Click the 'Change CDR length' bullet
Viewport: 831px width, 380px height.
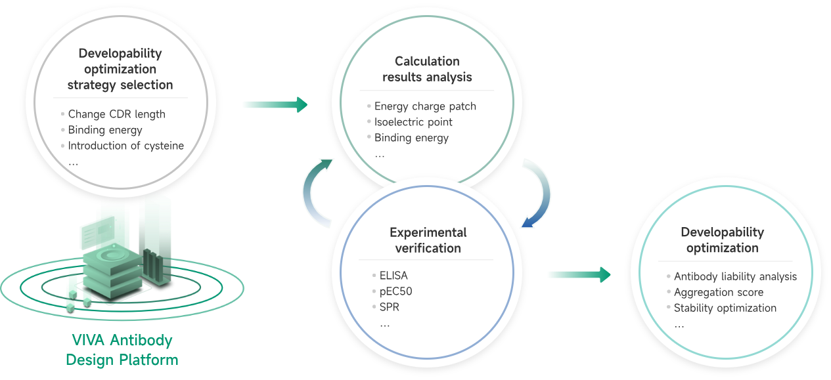pyautogui.click(x=116, y=114)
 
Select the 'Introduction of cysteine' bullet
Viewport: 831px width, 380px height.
pyautogui.click(x=125, y=146)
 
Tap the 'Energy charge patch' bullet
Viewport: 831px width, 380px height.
pyautogui.click(x=424, y=106)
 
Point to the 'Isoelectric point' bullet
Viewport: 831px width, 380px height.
pyautogui.click(x=413, y=122)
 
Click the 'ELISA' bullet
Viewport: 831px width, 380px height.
pyautogui.click(x=393, y=276)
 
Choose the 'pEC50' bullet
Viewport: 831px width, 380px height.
pyautogui.click(x=395, y=291)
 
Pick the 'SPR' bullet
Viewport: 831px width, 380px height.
pyautogui.click(x=389, y=307)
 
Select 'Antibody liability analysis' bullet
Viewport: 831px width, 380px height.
pyautogui.click(x=735, y=277)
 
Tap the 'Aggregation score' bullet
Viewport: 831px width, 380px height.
pyautogui.click(x=718, y=293)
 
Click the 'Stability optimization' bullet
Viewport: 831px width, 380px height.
pyautogui.click(x=725, y=308)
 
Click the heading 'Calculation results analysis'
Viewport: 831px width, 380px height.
pyautogui.click(x=427, y=70)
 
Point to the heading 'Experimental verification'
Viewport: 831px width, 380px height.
pyautogui.click(x=428, y=240)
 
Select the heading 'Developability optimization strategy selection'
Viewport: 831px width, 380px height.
pyautogui.click(x=120, y=69)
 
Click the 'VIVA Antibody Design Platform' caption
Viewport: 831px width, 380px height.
pyautogui.click(x=122, y=350)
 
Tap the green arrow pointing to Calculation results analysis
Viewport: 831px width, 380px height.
pyautogui.click(x=275, y=104)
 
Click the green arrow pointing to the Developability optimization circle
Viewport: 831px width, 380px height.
pyautogui.click(x=579, y=274)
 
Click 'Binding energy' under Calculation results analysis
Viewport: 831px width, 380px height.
pyautogui.click(x=411, y=138)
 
